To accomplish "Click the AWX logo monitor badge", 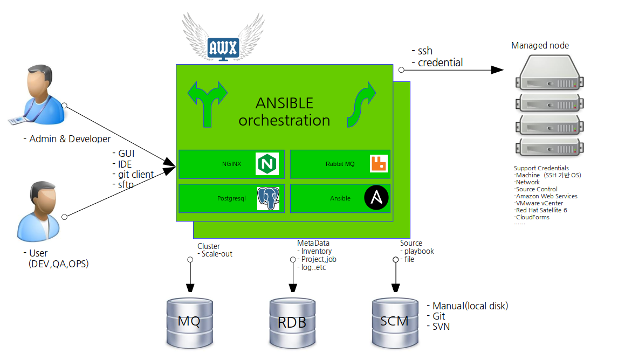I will [223, 49].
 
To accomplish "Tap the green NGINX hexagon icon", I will [266, 164].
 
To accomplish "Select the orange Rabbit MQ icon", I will [379, 164].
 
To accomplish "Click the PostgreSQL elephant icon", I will [268, 198].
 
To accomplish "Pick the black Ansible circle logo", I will [376, 198].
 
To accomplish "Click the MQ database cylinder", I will [189, 322].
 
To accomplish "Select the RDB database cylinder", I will [292, 322].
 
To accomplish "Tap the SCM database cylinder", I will [394, 322].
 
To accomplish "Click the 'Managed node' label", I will [540, 45].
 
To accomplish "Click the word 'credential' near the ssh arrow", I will [440, 63].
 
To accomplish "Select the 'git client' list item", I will [136, 175].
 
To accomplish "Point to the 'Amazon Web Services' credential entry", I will [546, 196].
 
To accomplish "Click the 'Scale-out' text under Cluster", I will [217, 254].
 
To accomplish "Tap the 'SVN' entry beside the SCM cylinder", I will [441, 327].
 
